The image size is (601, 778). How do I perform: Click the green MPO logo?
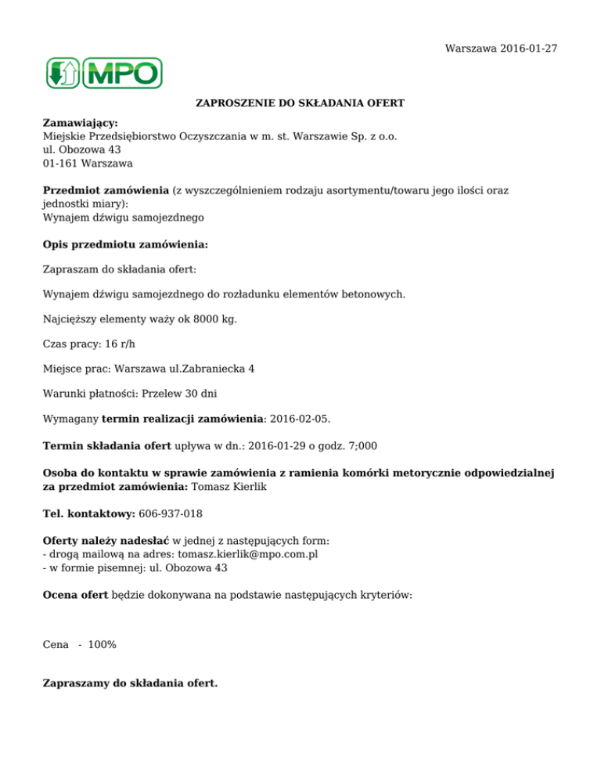click(103, 73)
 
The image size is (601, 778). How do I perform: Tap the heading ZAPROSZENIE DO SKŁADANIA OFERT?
click(300, 103)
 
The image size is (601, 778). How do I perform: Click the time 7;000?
click(360, 445)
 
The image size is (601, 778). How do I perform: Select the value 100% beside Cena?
click(103, 644)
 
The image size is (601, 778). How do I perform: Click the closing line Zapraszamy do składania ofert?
click(130, 683)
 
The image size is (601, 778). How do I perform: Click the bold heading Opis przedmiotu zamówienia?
click(125, 244)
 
